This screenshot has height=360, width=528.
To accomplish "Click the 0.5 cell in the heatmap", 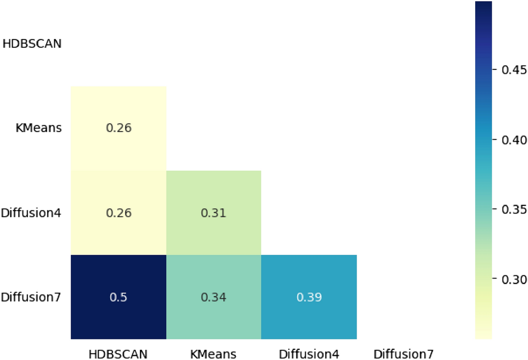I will click(x=119, y=296).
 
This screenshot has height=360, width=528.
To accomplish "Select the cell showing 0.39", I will click(x=309, y=296).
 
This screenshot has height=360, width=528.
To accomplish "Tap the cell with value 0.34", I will click(x=213, y=296).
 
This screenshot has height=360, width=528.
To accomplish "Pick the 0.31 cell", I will click(x=213, y=213).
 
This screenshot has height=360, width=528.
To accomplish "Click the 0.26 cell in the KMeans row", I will click(x=119, y=128).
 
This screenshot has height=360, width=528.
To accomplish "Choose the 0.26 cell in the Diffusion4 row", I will click(x=119, y=213).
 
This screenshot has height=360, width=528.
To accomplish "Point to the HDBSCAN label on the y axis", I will click(x=32, y=44).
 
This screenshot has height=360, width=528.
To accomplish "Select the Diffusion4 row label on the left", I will click(x=31, y=213).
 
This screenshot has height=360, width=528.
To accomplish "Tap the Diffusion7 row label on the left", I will click(x=31, y=296).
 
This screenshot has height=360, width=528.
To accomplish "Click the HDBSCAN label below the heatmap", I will click(x=119, y=354).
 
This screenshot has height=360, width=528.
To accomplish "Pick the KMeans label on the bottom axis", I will click(x=213, y=354).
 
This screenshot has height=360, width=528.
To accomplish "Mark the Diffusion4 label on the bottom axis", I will click(x=309, y=354).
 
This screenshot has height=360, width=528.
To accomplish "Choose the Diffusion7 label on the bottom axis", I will click(x=404, y=354).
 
